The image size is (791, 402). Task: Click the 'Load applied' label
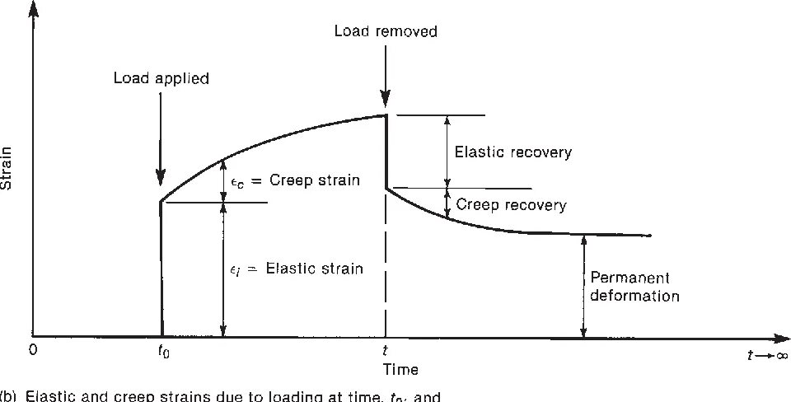point(162,80)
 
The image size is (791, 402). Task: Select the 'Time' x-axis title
point(400,370)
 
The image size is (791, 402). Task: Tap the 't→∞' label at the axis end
point(766,356)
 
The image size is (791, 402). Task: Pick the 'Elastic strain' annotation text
point(297,268)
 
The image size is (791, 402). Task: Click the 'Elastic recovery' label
point(513,152)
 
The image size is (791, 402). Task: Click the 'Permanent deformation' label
point(633,287)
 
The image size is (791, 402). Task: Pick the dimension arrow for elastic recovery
point(447,152)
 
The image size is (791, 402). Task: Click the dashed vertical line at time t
point(386,272)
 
